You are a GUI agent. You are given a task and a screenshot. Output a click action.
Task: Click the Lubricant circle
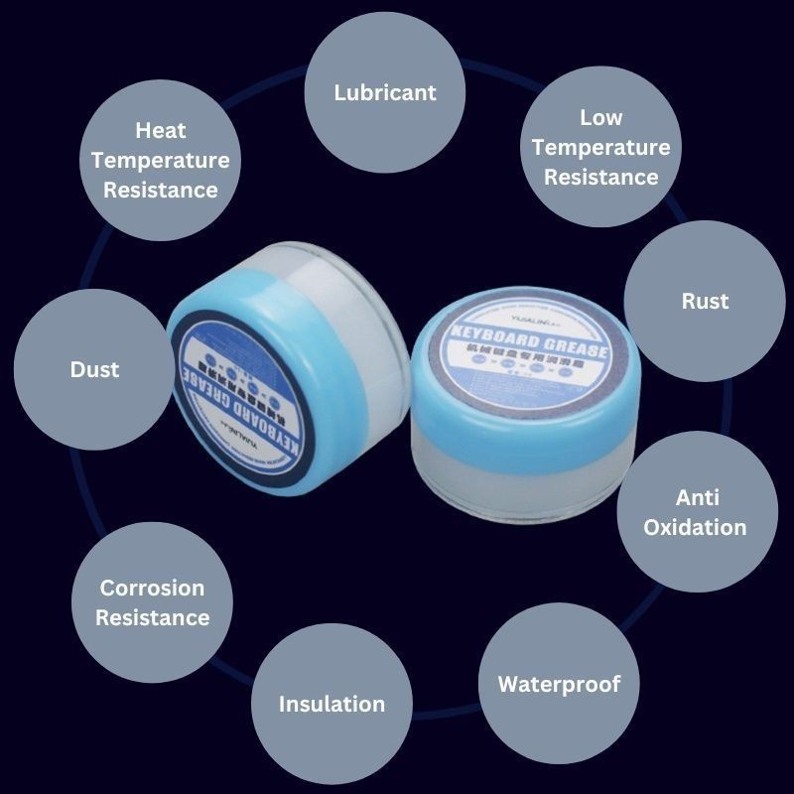point(385,93)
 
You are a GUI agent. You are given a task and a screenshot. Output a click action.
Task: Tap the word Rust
point(705,301)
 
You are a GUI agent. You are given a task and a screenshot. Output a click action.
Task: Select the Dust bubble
point(94,369)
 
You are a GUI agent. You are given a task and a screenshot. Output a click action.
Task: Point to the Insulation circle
point(331,704)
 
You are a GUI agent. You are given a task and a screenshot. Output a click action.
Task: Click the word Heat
point(161,130)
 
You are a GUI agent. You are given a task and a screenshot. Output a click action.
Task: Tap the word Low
point(601,117)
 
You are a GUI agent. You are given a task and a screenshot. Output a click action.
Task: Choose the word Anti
point(698,497)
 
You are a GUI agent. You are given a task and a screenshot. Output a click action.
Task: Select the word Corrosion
point(152,588)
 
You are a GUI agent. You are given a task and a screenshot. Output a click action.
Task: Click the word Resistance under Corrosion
point(152,617)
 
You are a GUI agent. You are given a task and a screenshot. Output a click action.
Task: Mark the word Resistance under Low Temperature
point(601,178)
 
